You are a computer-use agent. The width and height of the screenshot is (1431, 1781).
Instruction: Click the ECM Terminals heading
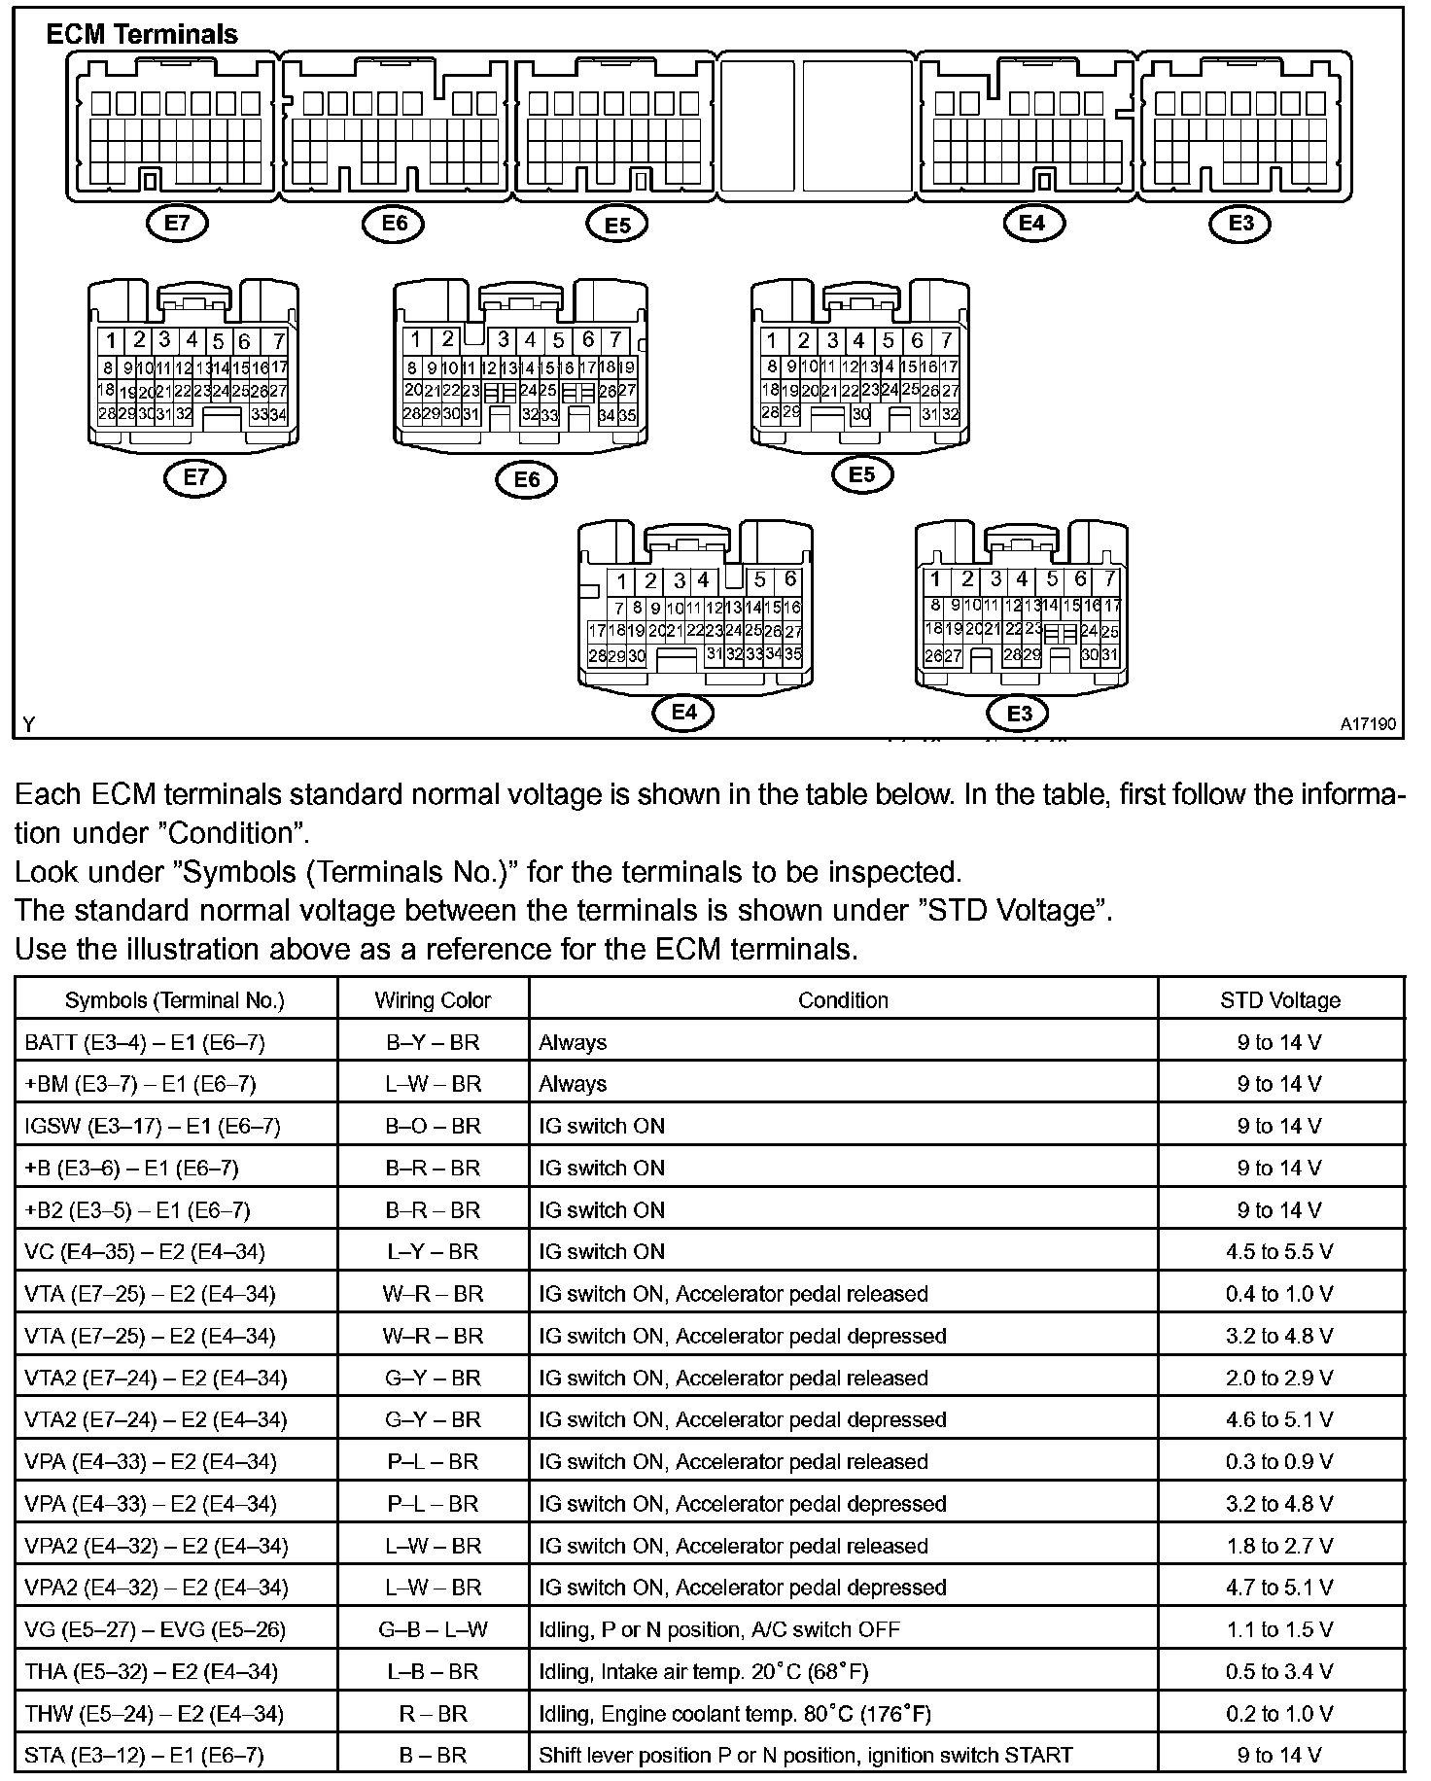[x=142, y=35]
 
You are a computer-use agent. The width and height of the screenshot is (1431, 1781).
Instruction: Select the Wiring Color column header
[x=433, y=1000]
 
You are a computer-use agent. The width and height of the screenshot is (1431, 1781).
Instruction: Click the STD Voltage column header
[x=1280, y=1000]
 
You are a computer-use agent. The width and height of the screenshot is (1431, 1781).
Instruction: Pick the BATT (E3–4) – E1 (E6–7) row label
[x=144, y=1042]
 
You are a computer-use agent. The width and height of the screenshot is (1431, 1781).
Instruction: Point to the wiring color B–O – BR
[x=433, y=1126]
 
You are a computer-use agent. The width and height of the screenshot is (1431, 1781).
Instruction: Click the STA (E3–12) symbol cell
[x=144, y=1756]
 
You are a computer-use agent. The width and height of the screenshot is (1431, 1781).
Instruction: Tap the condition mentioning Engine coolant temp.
[x=735, y=1714]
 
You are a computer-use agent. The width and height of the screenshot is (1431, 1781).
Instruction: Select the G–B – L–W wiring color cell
[x=433, y=1629]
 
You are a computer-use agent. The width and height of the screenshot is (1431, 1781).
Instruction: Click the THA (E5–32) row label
[x=152, y=1672]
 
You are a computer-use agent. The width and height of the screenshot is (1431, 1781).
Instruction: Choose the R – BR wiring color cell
[x=433, y=1714]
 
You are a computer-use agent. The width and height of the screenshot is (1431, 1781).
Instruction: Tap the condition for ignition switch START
[x=806, y=1756]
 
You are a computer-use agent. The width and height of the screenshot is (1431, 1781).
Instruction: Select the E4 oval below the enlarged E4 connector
[x=684, y=713]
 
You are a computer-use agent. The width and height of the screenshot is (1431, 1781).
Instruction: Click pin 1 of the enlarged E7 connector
[x=112, y=341]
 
